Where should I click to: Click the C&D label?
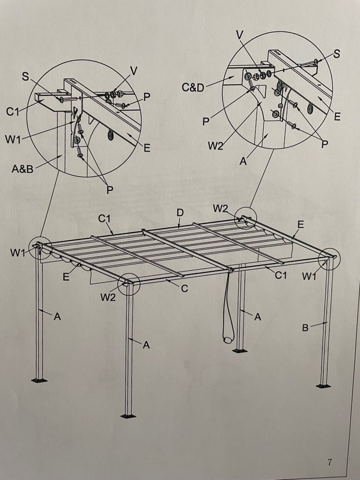pos(193,87)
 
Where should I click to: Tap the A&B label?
pos(22,169)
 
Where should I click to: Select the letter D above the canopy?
pos(180,213)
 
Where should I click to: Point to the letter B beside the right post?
pos(305,328)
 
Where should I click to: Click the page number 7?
pos(330,462)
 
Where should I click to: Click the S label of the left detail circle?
pos(26,76)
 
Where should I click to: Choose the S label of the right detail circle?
pos(337,54)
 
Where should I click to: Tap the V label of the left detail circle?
pos(133,71)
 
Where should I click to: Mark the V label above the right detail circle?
pos(240,35)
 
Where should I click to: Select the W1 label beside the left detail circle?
pos(13,140)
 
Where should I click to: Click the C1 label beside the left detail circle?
pos(12,112)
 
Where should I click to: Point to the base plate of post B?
pos(323,386)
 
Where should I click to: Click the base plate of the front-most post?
pos(128,416)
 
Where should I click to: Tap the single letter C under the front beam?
pos(185,289)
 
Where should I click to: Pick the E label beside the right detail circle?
pos(337,116)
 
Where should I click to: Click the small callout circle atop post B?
pos(329,259)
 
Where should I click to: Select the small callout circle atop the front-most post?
pos(129,284)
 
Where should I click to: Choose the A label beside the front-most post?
pos(146,345)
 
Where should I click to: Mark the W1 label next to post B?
pos(309,276)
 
